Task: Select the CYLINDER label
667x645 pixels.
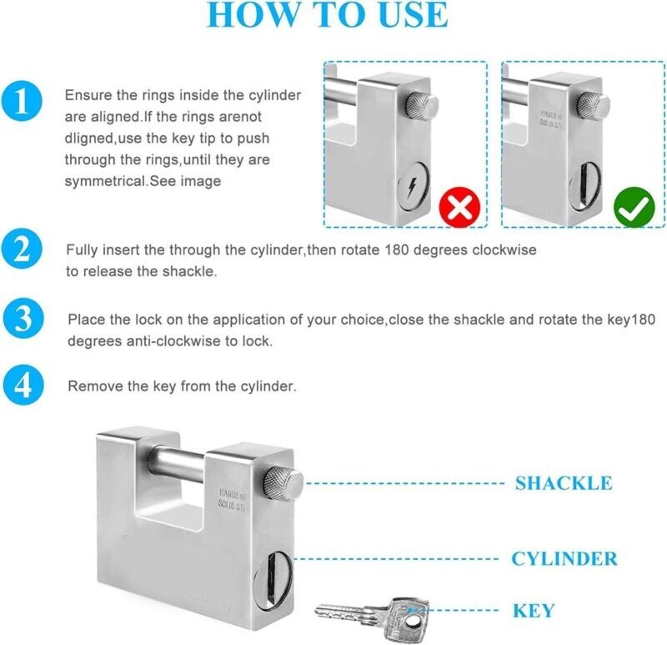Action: pyautogui.click(x=564, y=558)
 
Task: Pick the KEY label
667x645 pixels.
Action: pyautogui.click(x=534, y=610)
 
